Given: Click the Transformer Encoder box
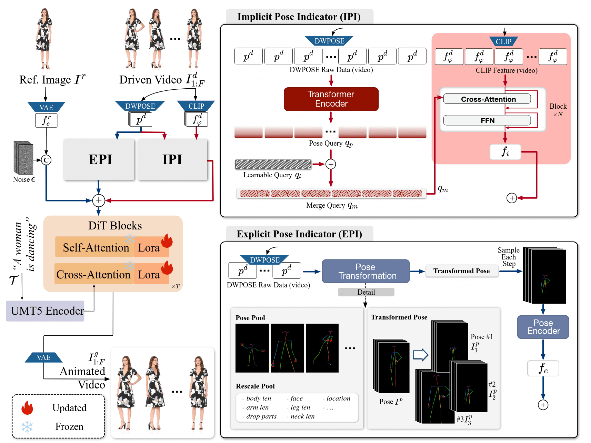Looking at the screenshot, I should (x=331, y=99).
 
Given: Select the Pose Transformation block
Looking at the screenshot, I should (x=365, y=271).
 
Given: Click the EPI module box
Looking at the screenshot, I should (x=99, y=159).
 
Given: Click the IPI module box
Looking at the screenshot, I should (x=172, y=159).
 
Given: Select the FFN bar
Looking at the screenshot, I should (x=487, y=120).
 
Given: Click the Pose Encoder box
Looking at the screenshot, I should (x=543, y=327).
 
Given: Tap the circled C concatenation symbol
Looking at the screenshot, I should (x=46, y=160).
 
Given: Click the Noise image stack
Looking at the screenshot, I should (x=23, y=157).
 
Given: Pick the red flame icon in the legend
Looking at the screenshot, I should (x=27, y=408).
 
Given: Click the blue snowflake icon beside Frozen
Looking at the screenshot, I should (x=27, y=427).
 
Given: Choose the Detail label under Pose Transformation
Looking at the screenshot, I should (x=366, y=292).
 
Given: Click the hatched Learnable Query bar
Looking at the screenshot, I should (x=273, y=164).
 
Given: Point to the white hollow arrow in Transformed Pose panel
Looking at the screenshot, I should (x=420, y=354).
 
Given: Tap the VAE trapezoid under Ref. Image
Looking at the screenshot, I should (x=46, y=107).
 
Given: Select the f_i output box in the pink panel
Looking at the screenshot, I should (x=505, y=151).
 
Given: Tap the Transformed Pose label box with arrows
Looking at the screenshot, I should (x=461, y=271).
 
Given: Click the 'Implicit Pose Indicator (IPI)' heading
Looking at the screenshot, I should (x=299, y=17).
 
